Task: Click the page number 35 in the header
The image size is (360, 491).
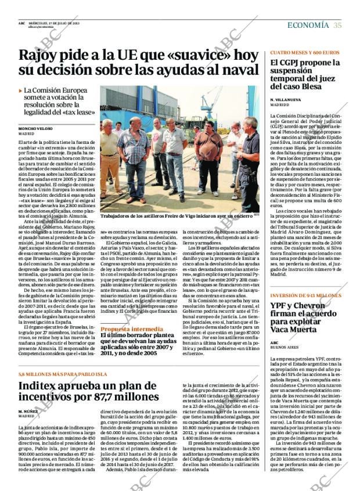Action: coord(338,25)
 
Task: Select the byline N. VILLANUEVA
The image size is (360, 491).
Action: coord(286,100)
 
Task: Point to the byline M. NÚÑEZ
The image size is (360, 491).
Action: coord(28,410)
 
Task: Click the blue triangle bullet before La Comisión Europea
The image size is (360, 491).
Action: coord(21,91)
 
